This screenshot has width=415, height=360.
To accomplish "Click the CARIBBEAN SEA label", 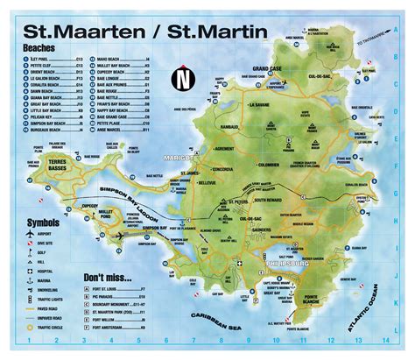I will [256, 335].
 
